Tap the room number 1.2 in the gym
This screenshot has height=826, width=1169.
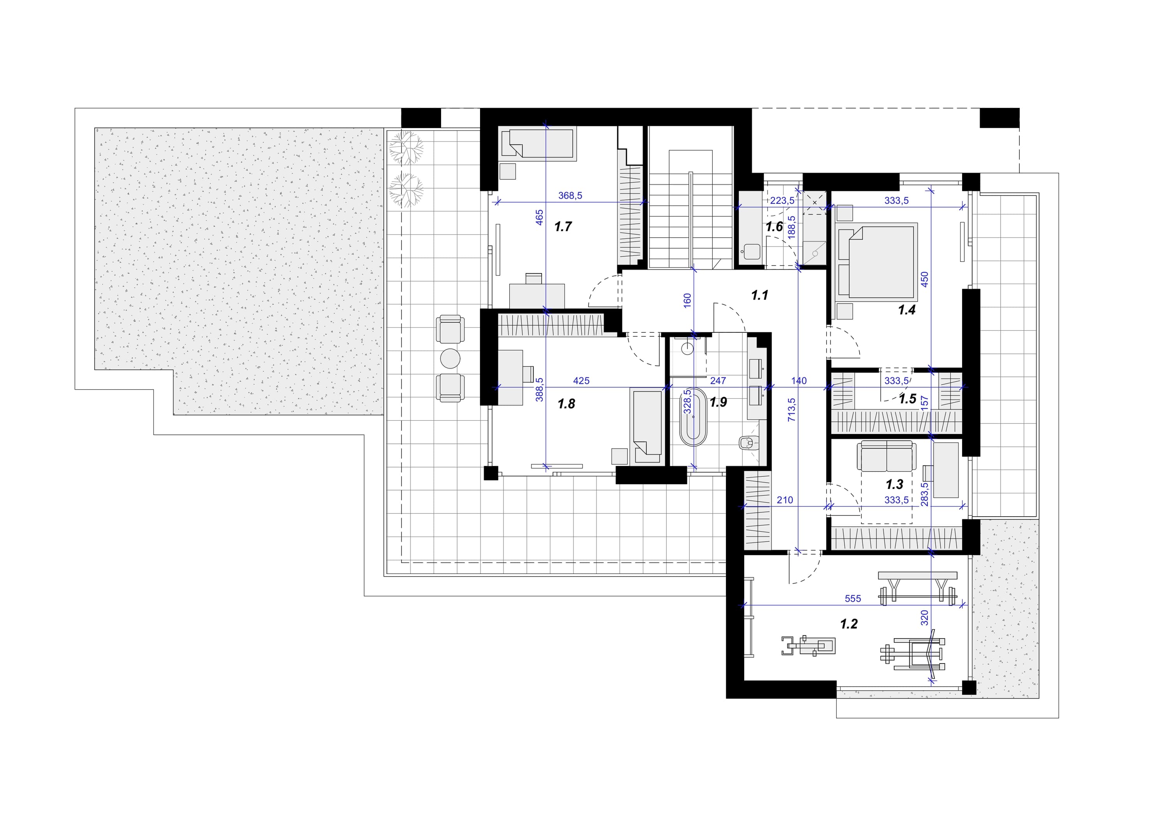[x=849, y=623]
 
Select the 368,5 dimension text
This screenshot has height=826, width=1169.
[x=570, y=196]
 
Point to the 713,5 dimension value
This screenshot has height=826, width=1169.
[x=791, y=410]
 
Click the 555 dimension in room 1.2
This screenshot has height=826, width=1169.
[x=853, y=598]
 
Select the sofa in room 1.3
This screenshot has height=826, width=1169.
[x=886, y=457]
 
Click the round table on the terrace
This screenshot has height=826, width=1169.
[x=450, y=358]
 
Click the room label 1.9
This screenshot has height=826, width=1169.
[x=719, y=402]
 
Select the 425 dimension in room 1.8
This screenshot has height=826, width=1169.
[x=581, y=380]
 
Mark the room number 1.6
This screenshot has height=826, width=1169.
[x=774, y=227]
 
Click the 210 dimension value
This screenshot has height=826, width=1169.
[x=785, y=500]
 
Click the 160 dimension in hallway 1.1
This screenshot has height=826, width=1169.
[x=687, y=301]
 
